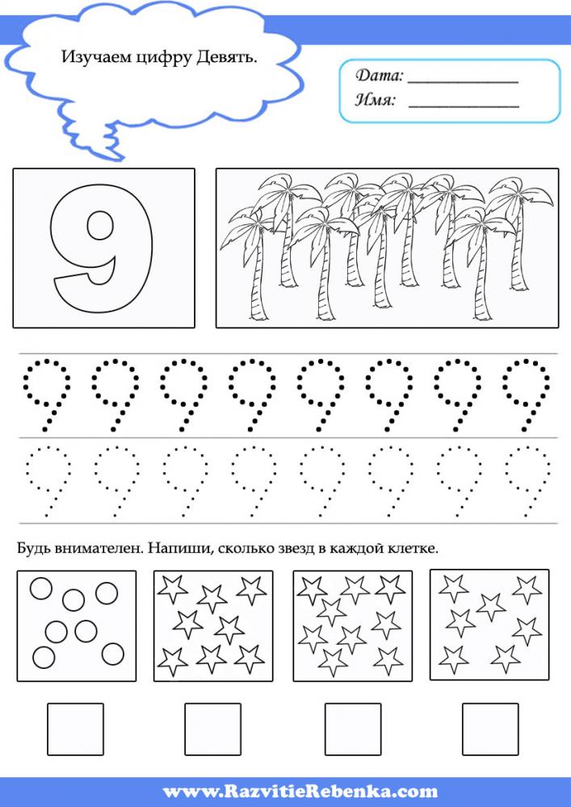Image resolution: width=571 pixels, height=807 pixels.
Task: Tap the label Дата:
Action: pos(379,76)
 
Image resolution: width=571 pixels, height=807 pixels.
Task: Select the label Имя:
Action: pos(376,99)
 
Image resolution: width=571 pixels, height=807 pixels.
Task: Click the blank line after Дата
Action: pos(463,82)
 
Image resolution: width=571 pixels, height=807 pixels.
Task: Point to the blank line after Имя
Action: pos(464,107)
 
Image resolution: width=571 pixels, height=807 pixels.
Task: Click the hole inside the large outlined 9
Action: pos(100,225)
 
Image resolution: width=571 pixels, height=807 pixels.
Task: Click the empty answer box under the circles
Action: pos(76,730)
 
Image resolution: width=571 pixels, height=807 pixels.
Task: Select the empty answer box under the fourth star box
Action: pos(490,730)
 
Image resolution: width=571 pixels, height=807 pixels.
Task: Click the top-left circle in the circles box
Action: pos(40,589)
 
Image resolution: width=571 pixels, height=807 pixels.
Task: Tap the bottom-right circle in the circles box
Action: pos(113,654)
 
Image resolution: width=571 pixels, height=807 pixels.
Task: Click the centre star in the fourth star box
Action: pos(491,607)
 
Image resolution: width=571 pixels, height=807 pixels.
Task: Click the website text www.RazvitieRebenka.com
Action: pos(300,791)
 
